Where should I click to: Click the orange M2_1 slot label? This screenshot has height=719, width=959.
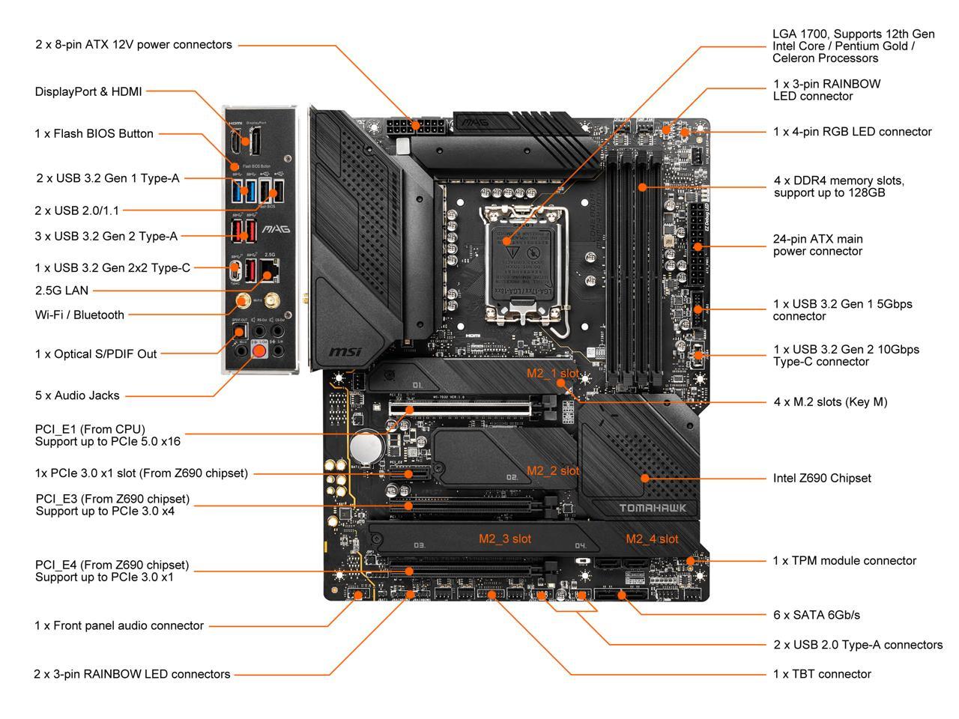[x=552, y=372]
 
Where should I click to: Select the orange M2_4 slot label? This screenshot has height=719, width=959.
[x=652, y=539]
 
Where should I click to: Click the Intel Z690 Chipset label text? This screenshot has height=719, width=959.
[x=821, y=478]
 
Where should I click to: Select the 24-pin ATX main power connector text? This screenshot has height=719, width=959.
[x=817, y=245]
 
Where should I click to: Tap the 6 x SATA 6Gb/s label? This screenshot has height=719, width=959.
[x=816, y=615]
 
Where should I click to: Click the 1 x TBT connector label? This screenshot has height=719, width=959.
[x=822, y=674]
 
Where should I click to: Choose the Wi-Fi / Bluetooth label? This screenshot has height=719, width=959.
[x=79, y=315]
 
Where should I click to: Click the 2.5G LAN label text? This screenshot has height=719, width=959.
[x=61, y=291]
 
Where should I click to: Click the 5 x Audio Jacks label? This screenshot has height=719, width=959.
[x=76, y=395]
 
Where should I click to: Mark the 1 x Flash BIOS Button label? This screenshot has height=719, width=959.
[x=94, y=133]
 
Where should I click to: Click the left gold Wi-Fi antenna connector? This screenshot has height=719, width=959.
[x=243, y=300]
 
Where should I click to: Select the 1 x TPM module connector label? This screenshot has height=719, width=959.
[x=844, y=560]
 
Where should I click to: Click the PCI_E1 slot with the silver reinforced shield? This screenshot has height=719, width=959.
[x=460, y=410]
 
